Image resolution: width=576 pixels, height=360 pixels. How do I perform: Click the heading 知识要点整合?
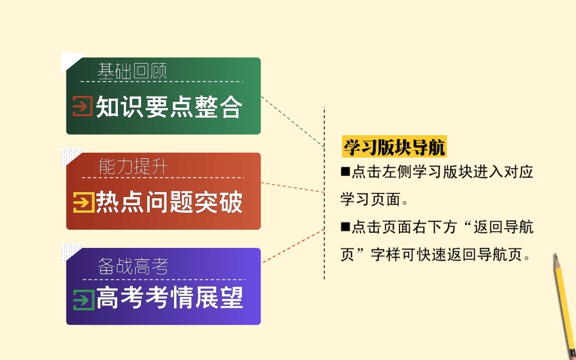[x=169, y=107]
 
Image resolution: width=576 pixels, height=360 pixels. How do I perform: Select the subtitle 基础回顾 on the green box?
[x=132, y=72]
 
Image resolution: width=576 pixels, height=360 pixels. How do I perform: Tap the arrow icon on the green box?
[x=82, y=107]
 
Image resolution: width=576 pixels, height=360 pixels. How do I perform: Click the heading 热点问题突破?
[x=169, y=202]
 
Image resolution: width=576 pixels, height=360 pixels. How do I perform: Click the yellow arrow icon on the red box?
[x=82, y=202]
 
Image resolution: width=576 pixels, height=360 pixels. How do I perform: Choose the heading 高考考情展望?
[x=169, y=298]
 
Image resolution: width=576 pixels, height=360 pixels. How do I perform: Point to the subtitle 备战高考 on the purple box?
[x=133, y=266]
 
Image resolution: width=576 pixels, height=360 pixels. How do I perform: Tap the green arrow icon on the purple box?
[x=82, y=298]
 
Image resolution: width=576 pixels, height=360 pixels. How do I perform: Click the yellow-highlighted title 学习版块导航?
[x=394, y=147]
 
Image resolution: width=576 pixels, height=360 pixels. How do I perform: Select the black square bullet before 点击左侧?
[x=346, y=172]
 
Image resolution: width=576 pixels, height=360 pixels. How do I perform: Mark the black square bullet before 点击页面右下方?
[x=346, y=227]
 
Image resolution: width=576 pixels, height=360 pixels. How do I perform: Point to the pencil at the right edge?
[x=563, y=303]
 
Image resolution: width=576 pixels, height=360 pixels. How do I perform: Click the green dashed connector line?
[x=292, y=121]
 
